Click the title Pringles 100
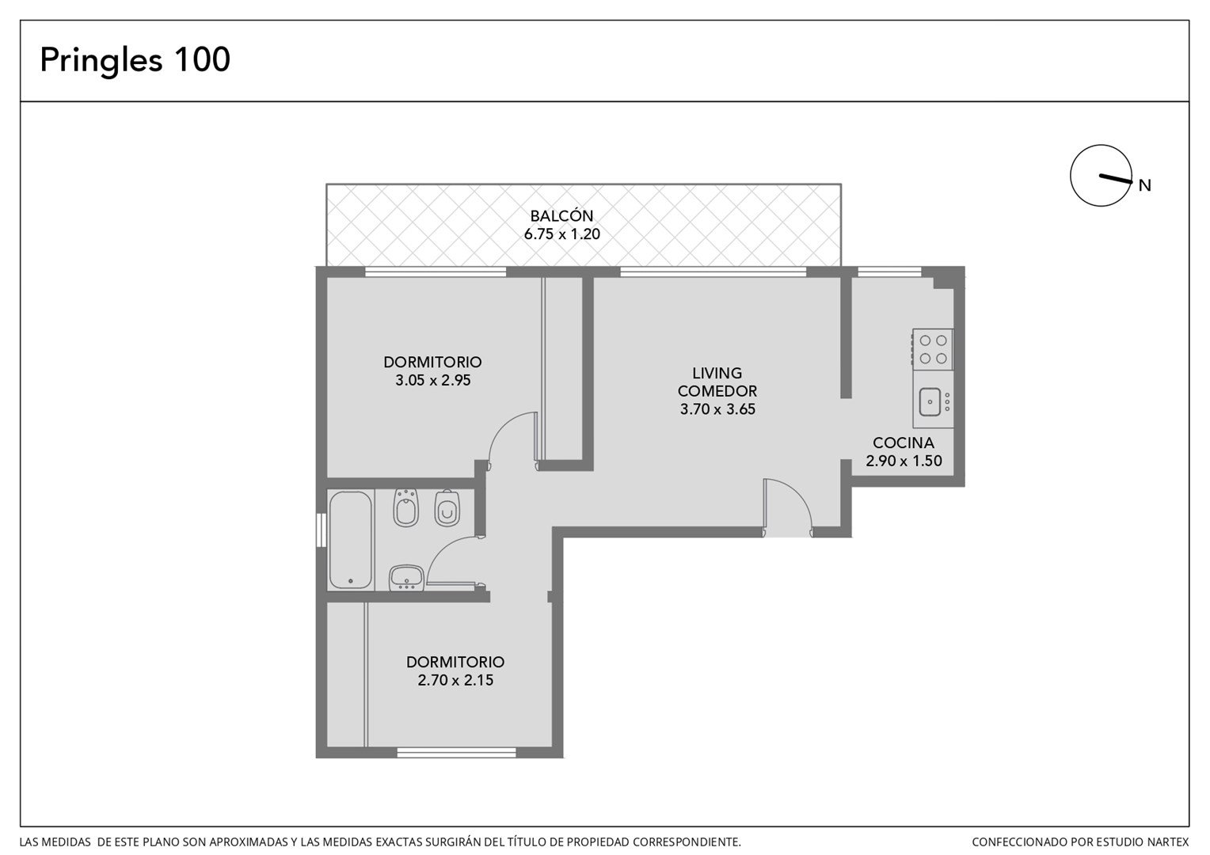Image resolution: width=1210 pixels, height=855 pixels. pos(135,60)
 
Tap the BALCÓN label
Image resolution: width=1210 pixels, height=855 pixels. pos(561,215)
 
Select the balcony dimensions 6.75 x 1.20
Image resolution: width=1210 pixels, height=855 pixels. pos(561,234)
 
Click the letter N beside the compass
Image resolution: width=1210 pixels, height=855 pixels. pos(1144,185)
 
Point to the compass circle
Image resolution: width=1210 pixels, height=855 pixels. pos(1071,176)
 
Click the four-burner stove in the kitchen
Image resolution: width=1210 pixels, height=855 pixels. pos(933,349)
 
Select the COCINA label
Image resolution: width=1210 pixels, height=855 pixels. pos(904,443)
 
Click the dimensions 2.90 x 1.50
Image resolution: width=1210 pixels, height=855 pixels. pos(904,461)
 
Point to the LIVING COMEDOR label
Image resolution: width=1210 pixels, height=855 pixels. pos(717,382)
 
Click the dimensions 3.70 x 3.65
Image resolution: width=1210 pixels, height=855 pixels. pos(717,408)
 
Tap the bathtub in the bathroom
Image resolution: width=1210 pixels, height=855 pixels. pos(351,539)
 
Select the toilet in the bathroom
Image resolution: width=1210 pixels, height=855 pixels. pos(447,508)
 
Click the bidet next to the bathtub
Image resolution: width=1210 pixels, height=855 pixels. pos(405,507)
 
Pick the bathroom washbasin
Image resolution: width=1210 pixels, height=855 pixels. pos(406,578)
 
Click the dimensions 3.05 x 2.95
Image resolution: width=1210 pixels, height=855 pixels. pos(432,380)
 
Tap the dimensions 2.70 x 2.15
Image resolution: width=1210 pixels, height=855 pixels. pos(455,680)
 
